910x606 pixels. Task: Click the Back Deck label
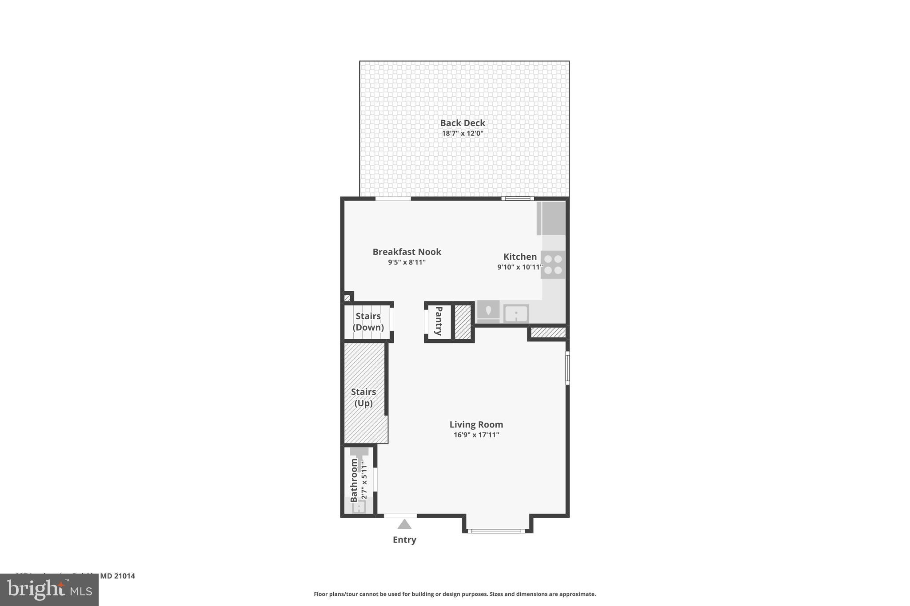pos(463,123)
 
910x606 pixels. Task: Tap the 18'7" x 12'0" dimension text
pos(463,133)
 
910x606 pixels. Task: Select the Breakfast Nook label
pos(407,252)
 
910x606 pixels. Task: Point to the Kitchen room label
pos(520,257)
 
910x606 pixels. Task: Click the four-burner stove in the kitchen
pos(553,265)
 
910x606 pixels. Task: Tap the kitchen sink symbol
pos(516,314)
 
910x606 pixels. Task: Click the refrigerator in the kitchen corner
pos(551,218)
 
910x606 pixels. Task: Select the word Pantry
pos(439,321)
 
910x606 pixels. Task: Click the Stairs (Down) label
pos(368,321)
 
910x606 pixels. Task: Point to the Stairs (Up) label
pos(363,397)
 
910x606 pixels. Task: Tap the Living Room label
pos(476,424)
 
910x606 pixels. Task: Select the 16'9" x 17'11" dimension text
pos(476,435)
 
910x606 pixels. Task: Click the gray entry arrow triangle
pos(404,524)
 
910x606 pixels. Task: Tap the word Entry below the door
pos(404,540)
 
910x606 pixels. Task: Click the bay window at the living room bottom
pos(497,531)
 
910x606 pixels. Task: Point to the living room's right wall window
pos(567,368)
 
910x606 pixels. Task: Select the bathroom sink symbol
pos(358,507)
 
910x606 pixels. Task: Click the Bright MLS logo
pos(49,590)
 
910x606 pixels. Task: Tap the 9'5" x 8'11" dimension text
pos(407,262)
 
